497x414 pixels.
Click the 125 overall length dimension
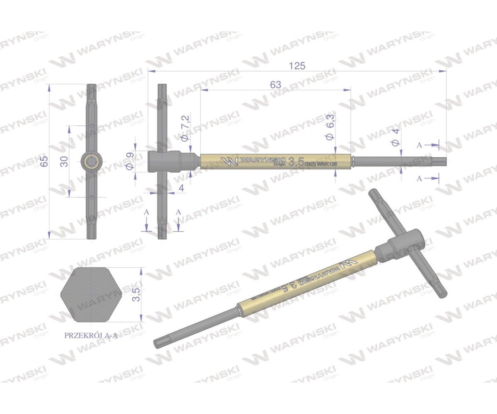[297, 66]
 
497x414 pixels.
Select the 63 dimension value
[275, 84]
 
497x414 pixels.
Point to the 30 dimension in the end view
[64, 161]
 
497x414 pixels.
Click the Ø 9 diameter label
[129, 161]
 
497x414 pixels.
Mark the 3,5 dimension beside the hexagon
[138, 294]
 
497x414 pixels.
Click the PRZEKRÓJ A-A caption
[91, 336]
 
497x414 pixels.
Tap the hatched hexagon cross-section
[91, 294]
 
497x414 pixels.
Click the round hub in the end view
[91, 161]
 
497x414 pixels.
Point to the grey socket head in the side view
[164, 161]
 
